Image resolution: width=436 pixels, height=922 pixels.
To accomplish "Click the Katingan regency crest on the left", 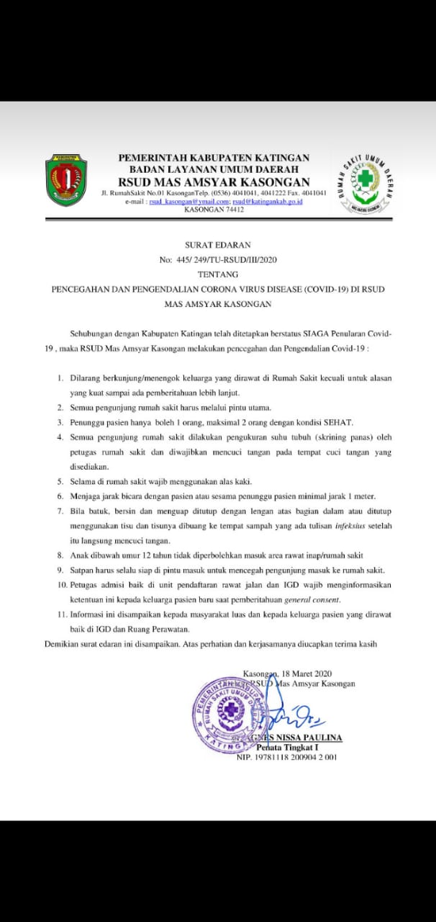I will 65,179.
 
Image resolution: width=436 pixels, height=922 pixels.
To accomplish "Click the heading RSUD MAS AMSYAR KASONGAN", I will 214,182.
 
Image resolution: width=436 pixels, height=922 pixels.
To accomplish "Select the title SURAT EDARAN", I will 218,245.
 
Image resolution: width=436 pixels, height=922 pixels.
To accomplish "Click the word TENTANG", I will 218,274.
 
